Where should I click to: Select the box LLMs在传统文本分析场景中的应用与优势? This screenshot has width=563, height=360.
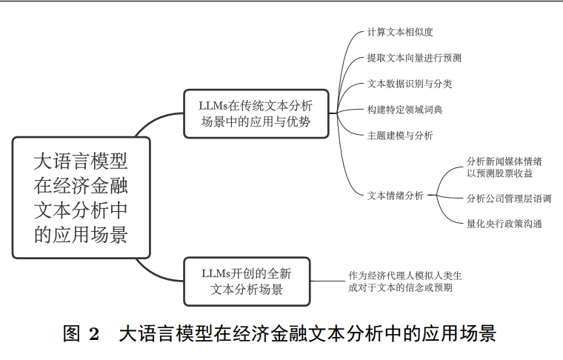pos(256,113)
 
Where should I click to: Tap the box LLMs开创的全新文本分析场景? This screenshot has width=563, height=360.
pos(247,281)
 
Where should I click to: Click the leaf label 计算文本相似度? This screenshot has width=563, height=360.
pos(400,32)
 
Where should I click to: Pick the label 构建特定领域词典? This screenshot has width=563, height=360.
pos(404,110)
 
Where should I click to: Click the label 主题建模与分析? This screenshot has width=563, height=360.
pos(400,136)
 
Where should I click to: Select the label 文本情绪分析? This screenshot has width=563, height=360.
pos(396,196)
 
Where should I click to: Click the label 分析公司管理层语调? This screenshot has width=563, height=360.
pos(509,198)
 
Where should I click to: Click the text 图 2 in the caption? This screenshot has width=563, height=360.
pos(81,334)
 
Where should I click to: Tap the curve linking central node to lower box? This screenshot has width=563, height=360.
pos(156,271)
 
